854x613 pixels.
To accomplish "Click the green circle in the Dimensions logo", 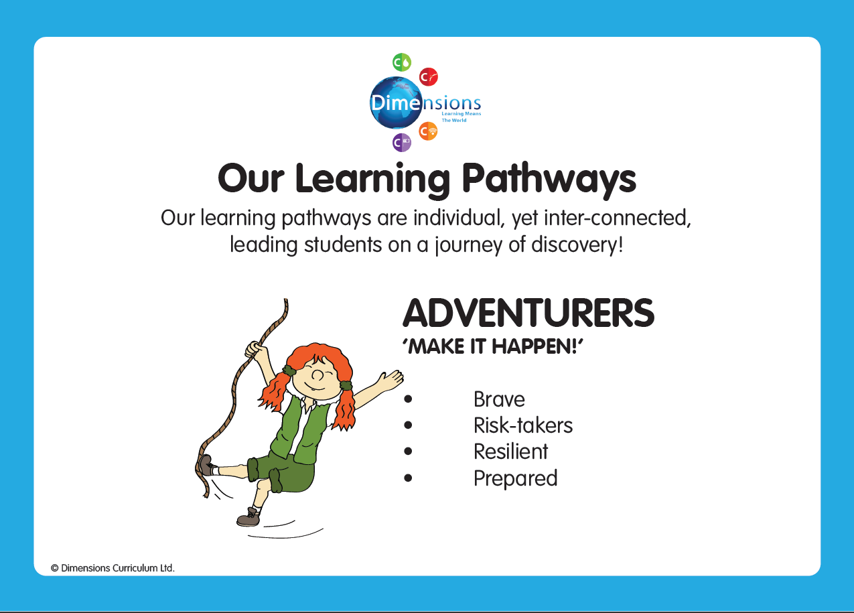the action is click(402, 62).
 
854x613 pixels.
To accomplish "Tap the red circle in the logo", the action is click(429, 77).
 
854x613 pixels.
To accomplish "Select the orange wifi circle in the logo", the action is click(428, 131).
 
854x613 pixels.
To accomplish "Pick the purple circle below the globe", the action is click(402, 143).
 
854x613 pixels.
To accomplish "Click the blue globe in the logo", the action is click(396, 103).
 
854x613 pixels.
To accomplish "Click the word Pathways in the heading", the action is click(549, 179).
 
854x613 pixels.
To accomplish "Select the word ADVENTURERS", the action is click(528, 314).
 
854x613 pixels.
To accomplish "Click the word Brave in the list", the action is click(499, 399).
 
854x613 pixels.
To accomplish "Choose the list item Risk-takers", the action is click(523, 425).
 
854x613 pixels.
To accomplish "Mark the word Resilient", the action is click(510, 452).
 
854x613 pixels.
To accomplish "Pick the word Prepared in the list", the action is click(516, 478).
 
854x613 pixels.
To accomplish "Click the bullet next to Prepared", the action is click(408, 478).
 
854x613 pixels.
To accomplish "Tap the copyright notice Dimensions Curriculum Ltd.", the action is click(113, 568).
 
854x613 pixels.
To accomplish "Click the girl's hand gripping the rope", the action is click(254, 349).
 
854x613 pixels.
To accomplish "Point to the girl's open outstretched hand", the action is click(390, 379).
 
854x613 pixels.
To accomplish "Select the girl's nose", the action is click(317, 375).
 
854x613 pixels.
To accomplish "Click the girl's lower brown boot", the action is click(248, 517).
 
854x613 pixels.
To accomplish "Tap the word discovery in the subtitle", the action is click(577, 245).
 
